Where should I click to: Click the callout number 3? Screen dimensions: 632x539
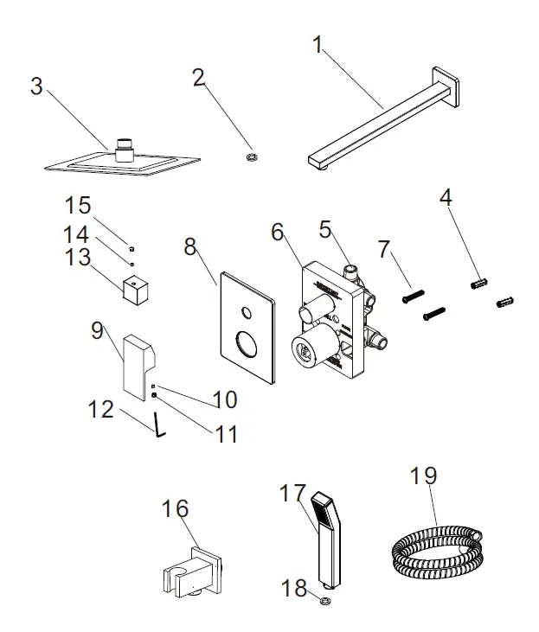click(36, 86)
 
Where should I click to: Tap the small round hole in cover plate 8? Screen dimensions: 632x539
click(247, 314)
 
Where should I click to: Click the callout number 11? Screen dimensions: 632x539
click(227, 432)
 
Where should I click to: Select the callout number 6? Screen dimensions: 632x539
click(277, 232)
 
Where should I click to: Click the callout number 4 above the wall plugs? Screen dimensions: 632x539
click(446, 198)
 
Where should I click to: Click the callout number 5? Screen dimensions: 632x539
click(325, 230)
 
